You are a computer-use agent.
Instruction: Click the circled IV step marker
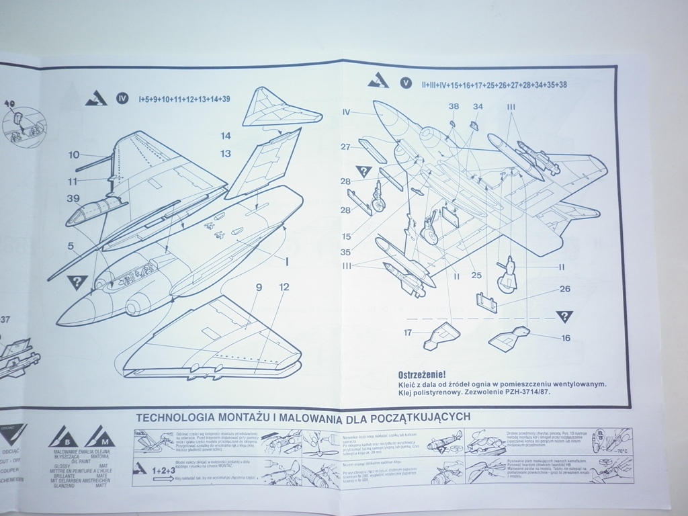[122, 99]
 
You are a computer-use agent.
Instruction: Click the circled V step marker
[405, 83]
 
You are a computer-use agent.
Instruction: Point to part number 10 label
[74, 155]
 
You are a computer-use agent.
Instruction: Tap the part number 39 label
[74, 198]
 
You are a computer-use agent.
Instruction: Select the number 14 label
[226, 136]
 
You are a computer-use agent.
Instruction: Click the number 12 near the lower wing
[284, 287]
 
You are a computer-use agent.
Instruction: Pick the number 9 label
[258, 287]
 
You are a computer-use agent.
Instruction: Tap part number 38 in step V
[454, 106]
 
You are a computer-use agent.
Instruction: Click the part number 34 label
[478, 106]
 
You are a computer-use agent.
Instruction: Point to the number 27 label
[345, 147]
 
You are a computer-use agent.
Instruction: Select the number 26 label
[565, 290]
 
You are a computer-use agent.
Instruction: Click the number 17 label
[408, 332]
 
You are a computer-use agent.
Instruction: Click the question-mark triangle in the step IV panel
[79, 282]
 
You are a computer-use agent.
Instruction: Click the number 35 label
[345, 253]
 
